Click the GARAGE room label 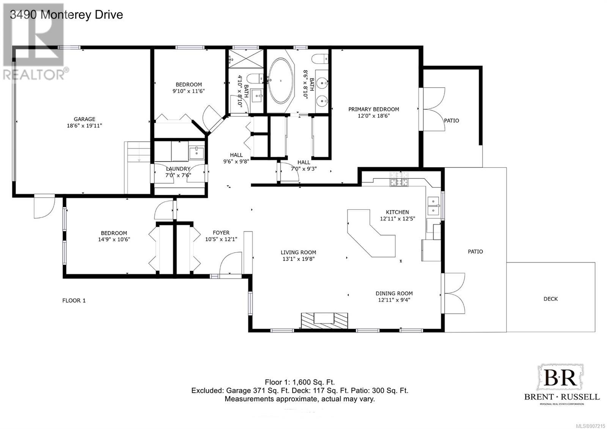point(85,119)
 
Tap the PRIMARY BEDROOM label point(373,109)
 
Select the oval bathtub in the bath point(281,80)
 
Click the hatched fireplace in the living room point(324,321)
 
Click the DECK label point(550,299)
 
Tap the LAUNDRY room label point(178,169)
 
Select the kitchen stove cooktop point(399,183)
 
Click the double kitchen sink point(433,206)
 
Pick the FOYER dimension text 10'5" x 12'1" point(221,239)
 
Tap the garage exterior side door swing point(44,207)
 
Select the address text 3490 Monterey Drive point(66,15)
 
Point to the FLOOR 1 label point(74,300)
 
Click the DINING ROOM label point(394,293)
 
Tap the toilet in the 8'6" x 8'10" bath point(320,59)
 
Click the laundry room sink point(197,153)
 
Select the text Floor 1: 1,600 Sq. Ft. point(300,382)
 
